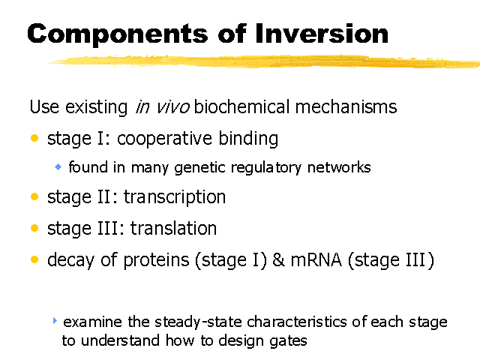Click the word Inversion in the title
point(322,33)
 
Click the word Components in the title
point(118,35)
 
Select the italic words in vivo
point(163,107)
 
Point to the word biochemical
point(241,106)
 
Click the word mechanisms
point(346,106)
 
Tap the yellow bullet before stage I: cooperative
point(34,138)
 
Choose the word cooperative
point(164,139)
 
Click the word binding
point(248,139)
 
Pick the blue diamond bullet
point(58,166)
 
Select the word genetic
point(200,168)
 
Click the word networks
point(339,167)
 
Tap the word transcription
point(175,196)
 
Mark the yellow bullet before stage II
point(34,196)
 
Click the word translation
point(173,228)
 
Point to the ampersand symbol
point(278,260)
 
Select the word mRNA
point(316,260)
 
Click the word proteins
point(157,260)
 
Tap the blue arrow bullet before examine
point(55,320)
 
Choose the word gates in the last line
point(288,341)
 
